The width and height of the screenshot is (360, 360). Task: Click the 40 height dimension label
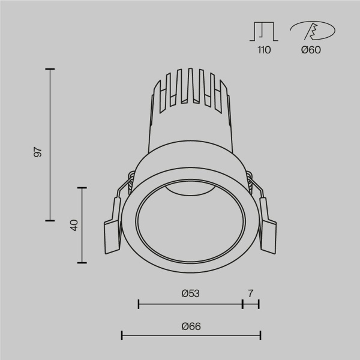click(x=74, y=226)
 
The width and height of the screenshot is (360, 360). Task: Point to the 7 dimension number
click(x=250, y=293)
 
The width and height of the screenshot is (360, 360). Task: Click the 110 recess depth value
click(x=264, y=50)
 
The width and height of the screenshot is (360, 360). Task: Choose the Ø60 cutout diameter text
click(x=311, y=50)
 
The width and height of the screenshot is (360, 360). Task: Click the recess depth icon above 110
click(x=264, y=31)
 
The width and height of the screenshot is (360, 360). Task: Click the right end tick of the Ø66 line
click(x=260, y=335)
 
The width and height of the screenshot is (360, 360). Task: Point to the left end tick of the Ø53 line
click(x=139, y=304)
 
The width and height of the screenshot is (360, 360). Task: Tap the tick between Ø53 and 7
click(x=242, y=304)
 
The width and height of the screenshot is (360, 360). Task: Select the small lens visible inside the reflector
click(x=190, y=191)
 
